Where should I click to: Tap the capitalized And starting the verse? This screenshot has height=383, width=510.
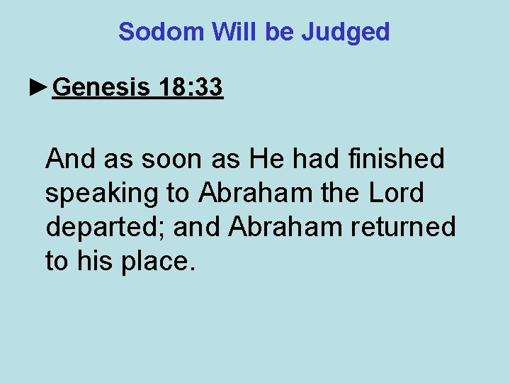click(71, 159)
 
